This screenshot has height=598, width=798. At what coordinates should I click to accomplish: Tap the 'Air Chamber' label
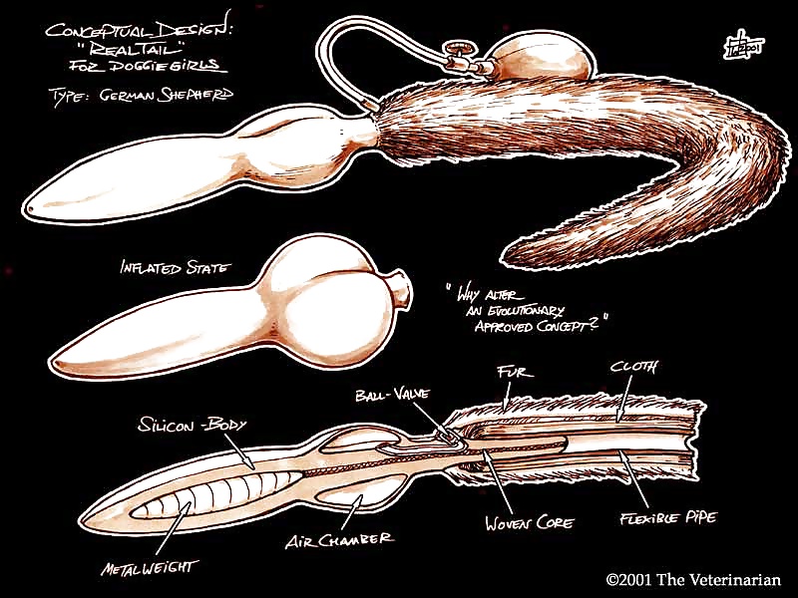tap(339, 539)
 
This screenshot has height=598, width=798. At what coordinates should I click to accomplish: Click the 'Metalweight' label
tap(149, 567)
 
